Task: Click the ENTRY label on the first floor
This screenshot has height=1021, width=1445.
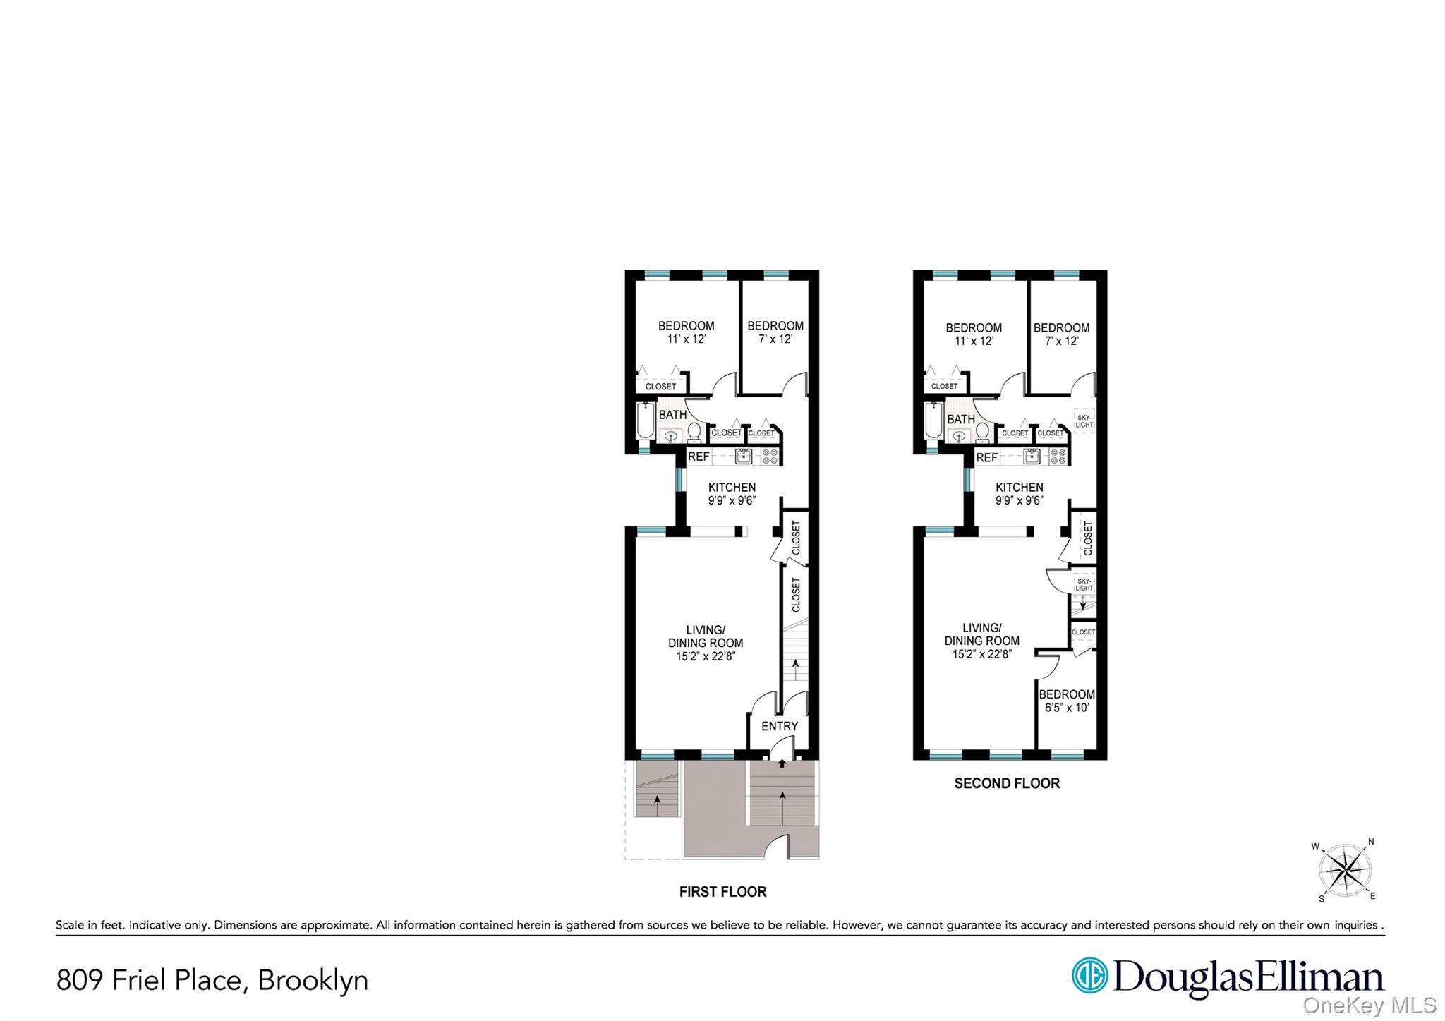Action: point(779,726)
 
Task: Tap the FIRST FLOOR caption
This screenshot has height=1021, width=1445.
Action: point(722,892)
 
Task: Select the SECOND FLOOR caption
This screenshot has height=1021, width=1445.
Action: point(1006,783)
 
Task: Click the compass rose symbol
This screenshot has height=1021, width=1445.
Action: point(1346,871)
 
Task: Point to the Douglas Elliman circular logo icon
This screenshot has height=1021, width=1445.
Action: point(1089,976)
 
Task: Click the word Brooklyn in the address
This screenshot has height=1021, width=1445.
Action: point(313,980)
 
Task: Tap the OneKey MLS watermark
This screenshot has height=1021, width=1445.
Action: point(1369,1005)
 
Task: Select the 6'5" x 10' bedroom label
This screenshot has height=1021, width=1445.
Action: point(1066,701)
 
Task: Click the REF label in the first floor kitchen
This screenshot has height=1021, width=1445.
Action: point(699,457)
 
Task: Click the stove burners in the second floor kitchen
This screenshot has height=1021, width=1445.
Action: point(1058,457)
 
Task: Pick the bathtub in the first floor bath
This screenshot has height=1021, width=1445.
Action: point(645,421)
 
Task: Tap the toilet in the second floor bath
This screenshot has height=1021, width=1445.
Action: point(982,431)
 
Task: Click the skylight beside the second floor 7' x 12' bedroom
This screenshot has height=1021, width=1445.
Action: point(1084,421)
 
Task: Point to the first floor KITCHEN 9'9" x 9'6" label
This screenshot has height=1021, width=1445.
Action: point(732,494)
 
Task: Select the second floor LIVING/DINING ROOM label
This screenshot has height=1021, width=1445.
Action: point(981,641)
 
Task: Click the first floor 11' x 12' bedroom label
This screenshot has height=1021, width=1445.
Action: point(686,332)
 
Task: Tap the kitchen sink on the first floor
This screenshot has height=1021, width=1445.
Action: point(743,457)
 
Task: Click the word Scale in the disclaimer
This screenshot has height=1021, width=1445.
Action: point(69,925)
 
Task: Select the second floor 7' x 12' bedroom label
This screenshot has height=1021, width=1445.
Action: point(1061,334)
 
